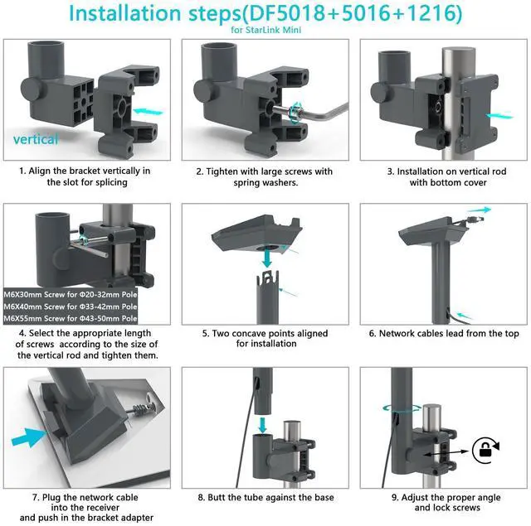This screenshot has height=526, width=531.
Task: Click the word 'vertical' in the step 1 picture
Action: [x=36, y=139]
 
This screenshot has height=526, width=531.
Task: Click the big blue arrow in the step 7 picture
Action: [x=28, y=437]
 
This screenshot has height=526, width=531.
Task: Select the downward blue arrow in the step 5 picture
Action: [x=267, y=258]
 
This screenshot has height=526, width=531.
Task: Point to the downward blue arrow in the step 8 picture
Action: [x=262, y=425]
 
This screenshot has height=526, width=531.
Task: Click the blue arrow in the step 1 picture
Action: [x=148, y=111]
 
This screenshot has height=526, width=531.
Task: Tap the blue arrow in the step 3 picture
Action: [x=499, y=116]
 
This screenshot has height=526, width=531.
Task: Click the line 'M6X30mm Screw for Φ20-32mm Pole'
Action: [x=71, y=294]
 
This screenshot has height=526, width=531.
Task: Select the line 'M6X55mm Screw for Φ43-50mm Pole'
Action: [x=71, y=318]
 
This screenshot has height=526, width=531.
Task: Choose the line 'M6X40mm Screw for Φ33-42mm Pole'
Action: [x=71, y=306]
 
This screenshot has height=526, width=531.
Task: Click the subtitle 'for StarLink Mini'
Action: [x=265, y=30]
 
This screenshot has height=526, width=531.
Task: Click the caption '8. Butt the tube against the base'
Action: [x=265, y=497]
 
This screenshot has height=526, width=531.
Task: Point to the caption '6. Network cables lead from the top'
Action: [x=444, y=333]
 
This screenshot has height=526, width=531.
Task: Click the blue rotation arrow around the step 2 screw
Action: [x=296, y=112]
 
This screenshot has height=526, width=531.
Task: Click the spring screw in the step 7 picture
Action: [x=144, y=409]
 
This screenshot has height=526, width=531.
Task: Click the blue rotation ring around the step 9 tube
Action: [x=402, y=408]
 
